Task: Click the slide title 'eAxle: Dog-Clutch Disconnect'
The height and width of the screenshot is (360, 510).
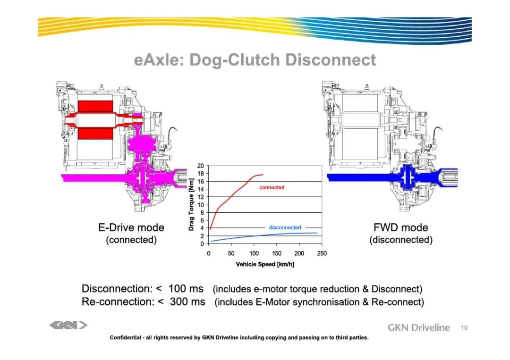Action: click(x=255, y=60)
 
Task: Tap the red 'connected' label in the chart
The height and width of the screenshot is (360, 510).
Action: click(x=272, y=187)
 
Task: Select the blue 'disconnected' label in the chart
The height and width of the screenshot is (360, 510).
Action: click(x=285, y=227)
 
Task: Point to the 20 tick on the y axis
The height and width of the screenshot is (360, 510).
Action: click(x=201, y=166)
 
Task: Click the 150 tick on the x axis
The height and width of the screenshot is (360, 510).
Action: click(x=276, y=253)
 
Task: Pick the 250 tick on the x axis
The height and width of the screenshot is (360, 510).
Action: click(x=322, y=253)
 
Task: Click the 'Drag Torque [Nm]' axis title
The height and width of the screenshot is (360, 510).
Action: click(x=191, y=205)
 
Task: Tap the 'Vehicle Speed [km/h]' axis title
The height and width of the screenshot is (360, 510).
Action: click(x=265, y=264)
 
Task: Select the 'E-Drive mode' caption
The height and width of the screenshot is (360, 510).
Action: click(x=131, y=227)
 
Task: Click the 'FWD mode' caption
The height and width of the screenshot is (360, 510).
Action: click(x=401, y=227)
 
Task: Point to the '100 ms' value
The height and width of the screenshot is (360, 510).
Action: click(x=186, y=289)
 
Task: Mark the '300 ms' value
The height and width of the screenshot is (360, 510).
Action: click(x=187, y=301)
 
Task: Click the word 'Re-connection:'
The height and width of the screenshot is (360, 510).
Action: click(x=118, y=301)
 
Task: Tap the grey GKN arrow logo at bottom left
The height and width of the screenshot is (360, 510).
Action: click(x=68, y=325)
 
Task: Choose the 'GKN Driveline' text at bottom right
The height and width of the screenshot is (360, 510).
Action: click(x=418, y=327)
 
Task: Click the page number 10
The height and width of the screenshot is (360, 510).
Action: click(x=464, y=328)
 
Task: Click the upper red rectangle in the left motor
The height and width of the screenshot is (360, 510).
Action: click(x=95, y=106)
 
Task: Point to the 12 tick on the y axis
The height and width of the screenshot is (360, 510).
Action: click(x=201, y=197)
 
